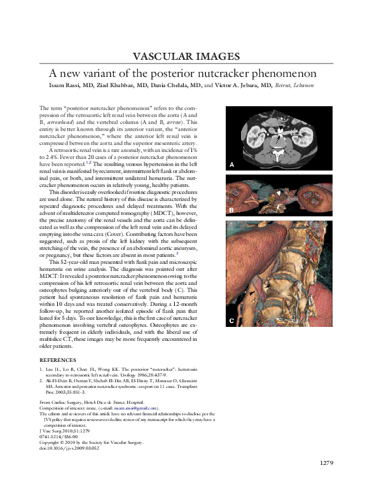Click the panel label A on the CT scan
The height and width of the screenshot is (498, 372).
[232, 165]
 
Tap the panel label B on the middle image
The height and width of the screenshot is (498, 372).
[232, 209]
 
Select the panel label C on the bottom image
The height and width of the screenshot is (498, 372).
[232, 321]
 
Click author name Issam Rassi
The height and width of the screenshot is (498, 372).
[67, 85]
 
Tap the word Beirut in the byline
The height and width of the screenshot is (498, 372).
[286, 85]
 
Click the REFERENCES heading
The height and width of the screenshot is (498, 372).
[61, 360]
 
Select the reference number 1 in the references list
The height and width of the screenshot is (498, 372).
[41, 369]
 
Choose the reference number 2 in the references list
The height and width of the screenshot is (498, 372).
[41, 380]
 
